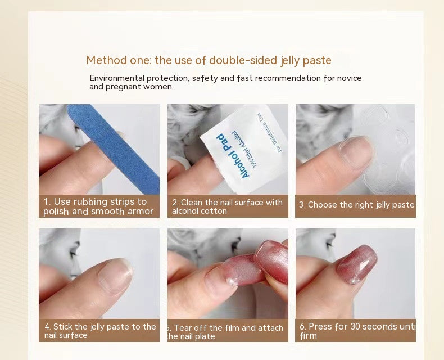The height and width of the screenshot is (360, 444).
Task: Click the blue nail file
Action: pos(115,149)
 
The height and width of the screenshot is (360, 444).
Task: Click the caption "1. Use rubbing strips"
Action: pos(98,206)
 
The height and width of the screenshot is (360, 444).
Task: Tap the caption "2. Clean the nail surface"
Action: pos(228,206)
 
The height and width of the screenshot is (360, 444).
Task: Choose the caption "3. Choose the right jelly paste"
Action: pos(356,205)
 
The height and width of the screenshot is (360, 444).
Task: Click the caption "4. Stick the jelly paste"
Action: pos(100,331)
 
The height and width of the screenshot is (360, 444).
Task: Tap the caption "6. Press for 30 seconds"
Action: pos(356,331)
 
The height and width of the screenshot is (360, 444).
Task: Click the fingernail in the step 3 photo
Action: pos(355,152)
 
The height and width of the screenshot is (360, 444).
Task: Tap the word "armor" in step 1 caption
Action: pos(140,211)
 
